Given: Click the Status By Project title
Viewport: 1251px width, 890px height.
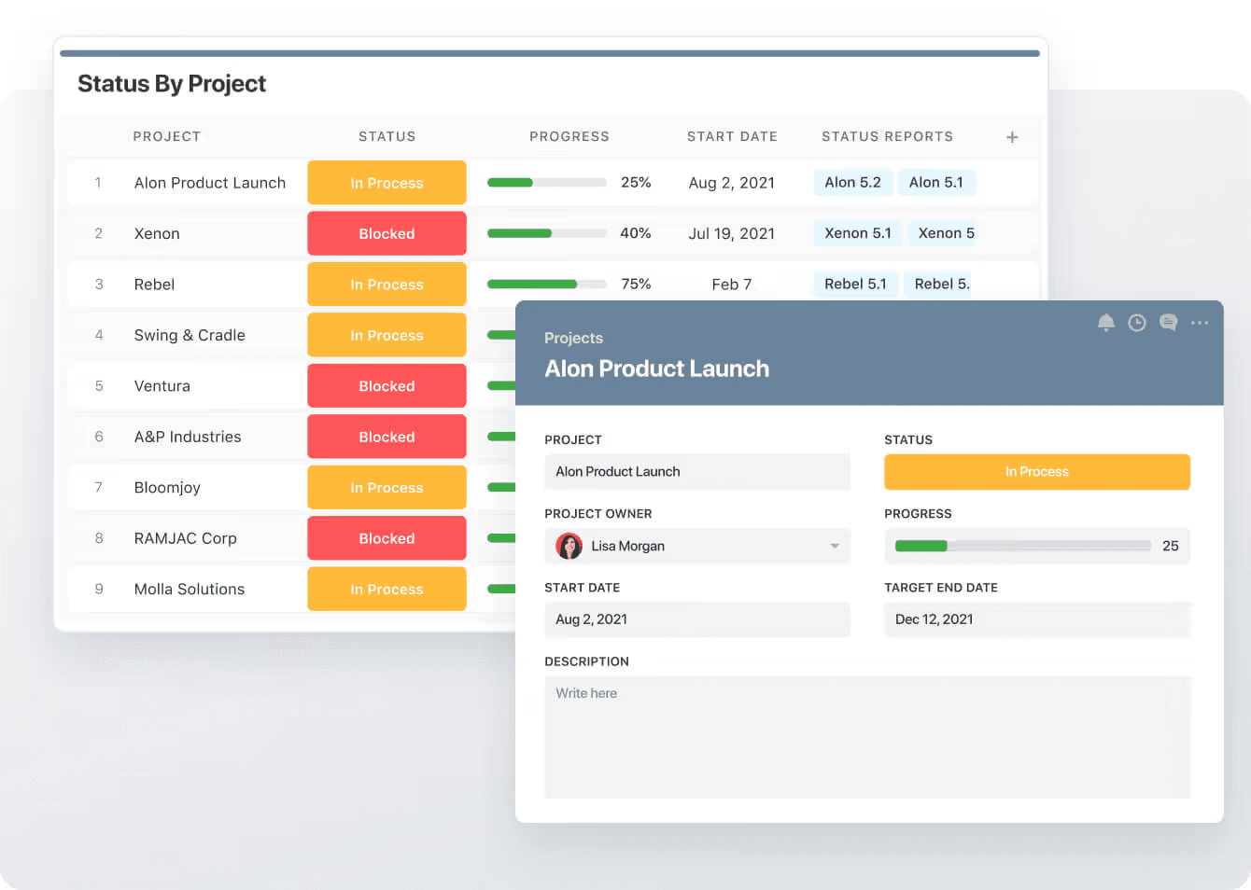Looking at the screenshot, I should [172, 84].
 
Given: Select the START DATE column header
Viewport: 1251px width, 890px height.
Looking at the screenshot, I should [732, 136].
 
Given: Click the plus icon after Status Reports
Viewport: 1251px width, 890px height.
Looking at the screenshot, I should [1012, 137].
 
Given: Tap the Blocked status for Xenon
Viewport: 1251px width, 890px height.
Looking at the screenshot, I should [387, 233].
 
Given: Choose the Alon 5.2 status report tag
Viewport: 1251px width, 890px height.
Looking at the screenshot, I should [852, 183].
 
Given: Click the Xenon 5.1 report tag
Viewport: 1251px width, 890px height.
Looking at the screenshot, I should [857, 233].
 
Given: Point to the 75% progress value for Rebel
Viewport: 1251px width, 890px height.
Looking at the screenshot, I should [636, 285].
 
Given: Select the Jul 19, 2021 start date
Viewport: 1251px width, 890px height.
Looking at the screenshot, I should [731, 233].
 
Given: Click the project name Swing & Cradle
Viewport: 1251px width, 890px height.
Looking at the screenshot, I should [190, 335].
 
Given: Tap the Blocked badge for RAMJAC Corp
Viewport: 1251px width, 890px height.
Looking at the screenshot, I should [387, 538].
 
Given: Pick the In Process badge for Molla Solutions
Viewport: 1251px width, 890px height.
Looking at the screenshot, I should [387, 590].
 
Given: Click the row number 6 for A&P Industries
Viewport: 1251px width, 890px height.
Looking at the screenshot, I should [99, 437].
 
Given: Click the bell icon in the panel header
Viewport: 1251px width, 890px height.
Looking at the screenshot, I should [1106, 323].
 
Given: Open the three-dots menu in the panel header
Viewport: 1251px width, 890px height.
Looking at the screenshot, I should [1200, 323].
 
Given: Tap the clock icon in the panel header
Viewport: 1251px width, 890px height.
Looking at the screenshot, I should [1137, 323].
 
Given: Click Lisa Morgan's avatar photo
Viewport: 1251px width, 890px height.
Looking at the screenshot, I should [569, 546].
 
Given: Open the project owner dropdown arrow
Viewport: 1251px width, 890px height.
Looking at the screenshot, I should [835, 546].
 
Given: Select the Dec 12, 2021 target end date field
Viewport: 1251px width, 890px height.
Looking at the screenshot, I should [1036, 619].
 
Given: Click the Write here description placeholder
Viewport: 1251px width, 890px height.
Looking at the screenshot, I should [586, 693].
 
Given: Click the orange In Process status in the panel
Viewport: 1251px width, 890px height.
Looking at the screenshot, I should [1036, 472].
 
